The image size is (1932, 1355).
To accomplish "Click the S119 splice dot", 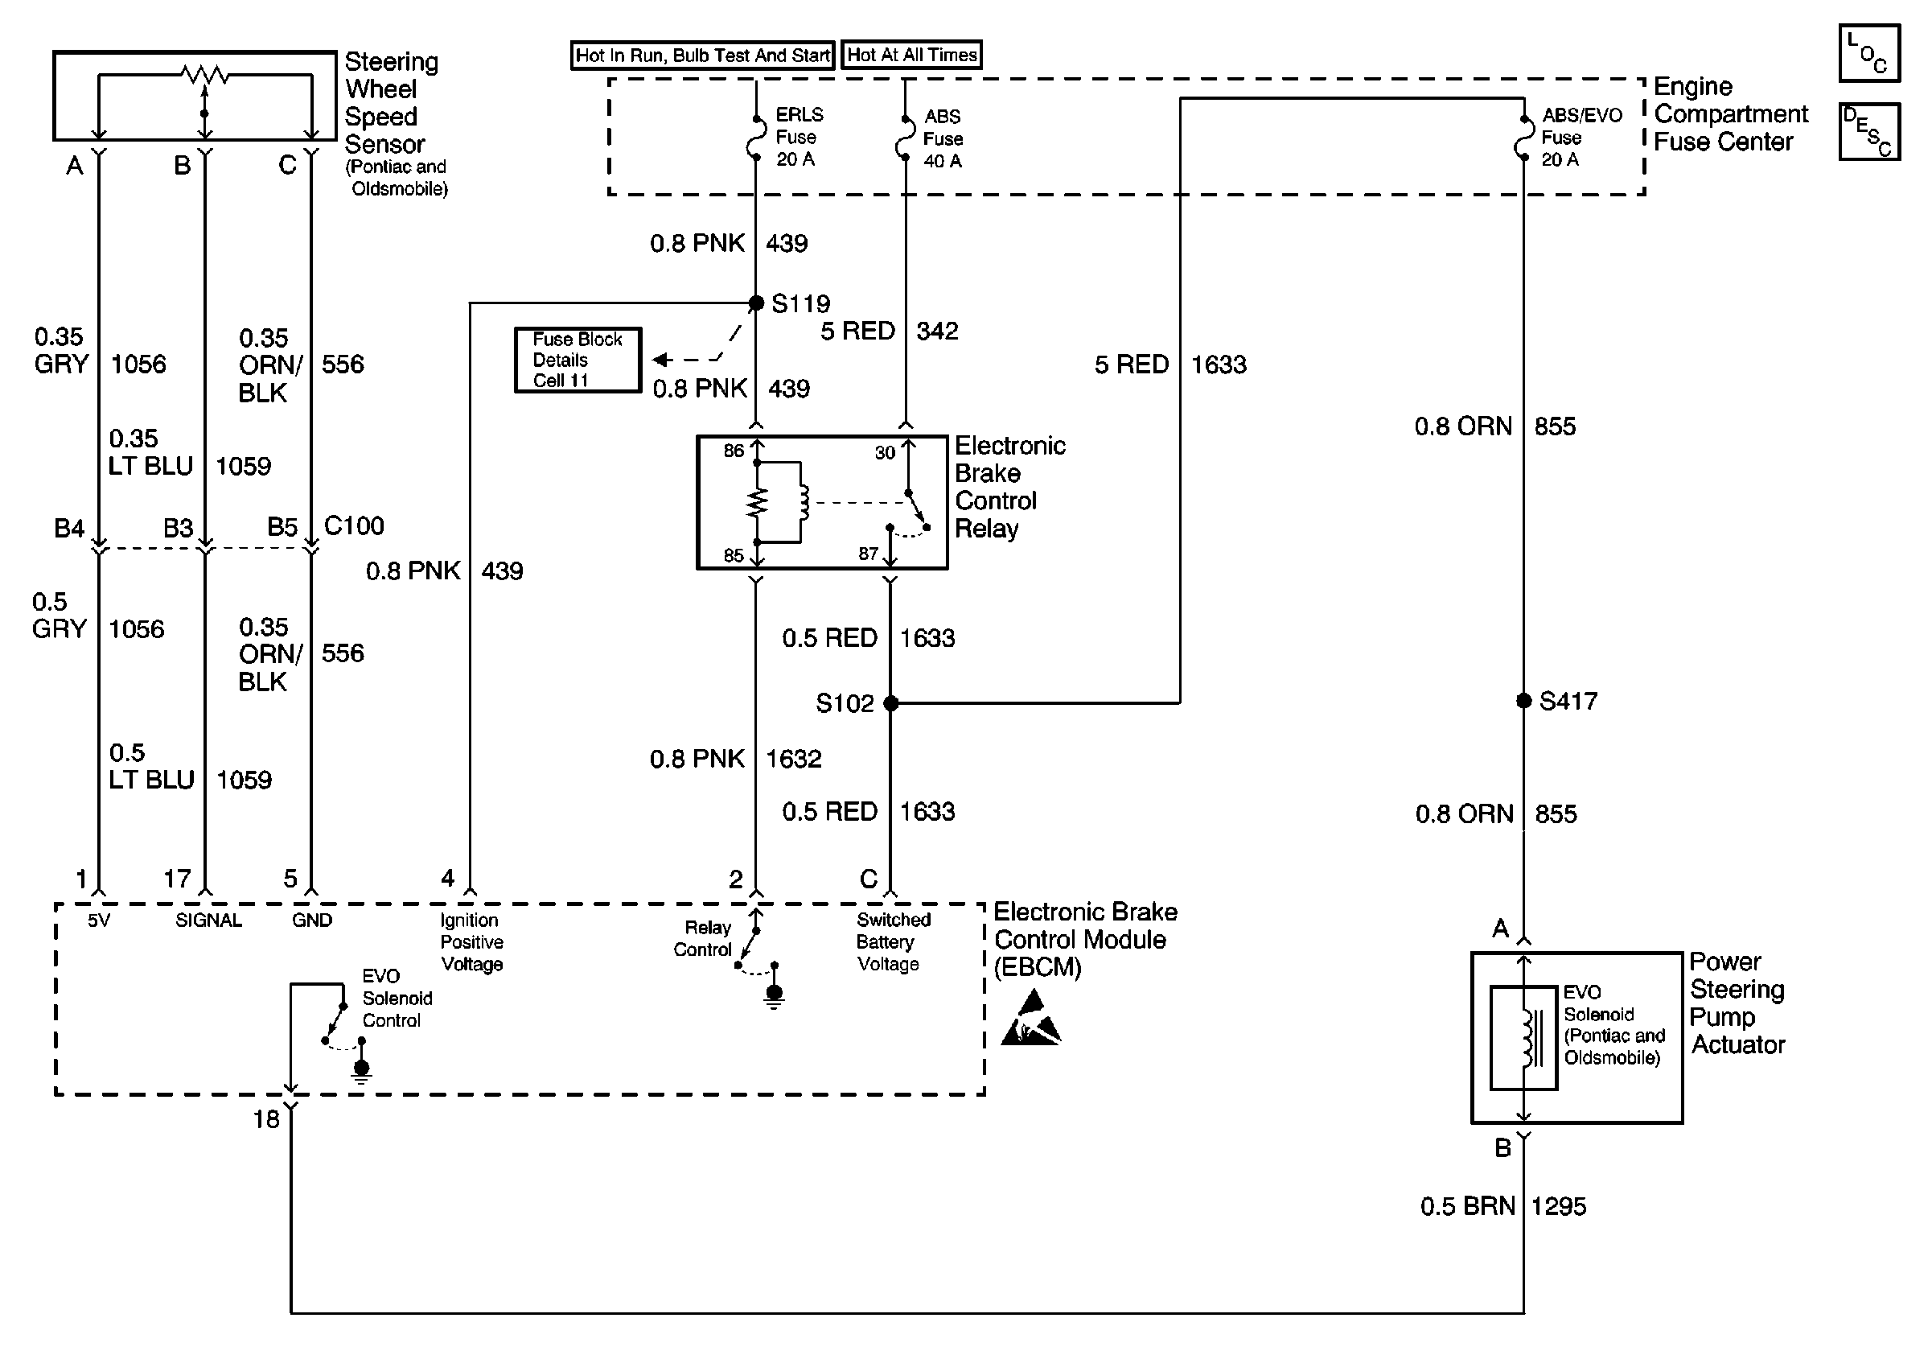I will [x=755, y=303].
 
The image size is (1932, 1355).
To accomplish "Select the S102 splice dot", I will [x=890, y=702].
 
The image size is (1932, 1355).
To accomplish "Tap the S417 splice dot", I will [x=1523, y=700].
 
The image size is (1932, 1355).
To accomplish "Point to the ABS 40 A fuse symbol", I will [x=905, y=138].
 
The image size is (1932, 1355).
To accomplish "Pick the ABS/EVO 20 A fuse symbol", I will [x=1523, y=138].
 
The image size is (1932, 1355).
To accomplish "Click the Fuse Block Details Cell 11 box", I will [x=578, y=360].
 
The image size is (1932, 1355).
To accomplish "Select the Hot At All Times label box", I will [x=911, y=56].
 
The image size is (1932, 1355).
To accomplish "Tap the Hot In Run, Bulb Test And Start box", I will [x=703, y=56].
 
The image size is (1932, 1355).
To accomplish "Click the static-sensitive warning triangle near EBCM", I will [x=1031, y=1020].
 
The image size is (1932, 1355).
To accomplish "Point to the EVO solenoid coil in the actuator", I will [x=1527, y=1037].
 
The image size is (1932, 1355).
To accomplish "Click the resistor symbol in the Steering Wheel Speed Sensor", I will [x=204, y=76].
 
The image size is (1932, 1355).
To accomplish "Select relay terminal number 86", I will [x=734, y=451].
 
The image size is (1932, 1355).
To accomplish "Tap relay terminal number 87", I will [x=869, y=553].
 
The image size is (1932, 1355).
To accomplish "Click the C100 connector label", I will [x=353, y=526].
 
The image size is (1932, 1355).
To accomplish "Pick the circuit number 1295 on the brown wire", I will [x=1559, y=1207].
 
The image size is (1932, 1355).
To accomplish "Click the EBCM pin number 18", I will [x=266, y=1119].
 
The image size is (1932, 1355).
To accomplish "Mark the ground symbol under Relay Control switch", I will [x=774, y=995].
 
